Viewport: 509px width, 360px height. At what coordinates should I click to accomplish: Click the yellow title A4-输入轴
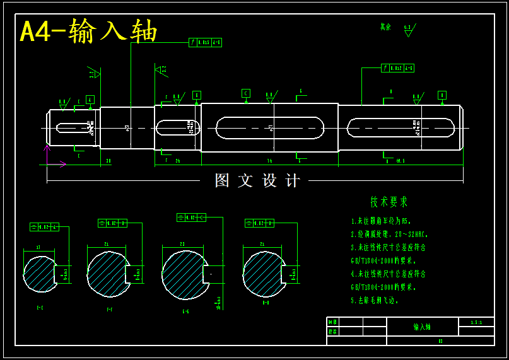pos(88,31)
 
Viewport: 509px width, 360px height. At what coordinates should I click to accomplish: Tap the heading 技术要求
pos(389,202)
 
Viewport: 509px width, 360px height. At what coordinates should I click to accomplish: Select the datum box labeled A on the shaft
pos(90,100)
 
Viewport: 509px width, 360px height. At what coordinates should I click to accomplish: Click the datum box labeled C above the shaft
pos(246,93)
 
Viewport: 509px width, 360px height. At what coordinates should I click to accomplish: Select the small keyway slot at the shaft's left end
pos(74,128)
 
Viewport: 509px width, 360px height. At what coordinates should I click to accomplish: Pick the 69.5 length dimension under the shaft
pos(401,161)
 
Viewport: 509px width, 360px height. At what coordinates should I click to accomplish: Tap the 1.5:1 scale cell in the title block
pos(476,322)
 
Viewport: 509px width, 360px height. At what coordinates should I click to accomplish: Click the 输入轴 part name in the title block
pos(421,327)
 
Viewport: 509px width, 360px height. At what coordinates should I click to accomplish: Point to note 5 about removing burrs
pos(375,301)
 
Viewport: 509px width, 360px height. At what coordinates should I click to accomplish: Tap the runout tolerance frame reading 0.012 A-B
pos(398,68)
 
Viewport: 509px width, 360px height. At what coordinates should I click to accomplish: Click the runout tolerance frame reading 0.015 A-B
pos(206,43)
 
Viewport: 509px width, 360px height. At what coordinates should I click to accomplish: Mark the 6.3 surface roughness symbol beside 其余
pos(408,30)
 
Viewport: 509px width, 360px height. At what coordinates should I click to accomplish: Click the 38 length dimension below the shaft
pos(108,161)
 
